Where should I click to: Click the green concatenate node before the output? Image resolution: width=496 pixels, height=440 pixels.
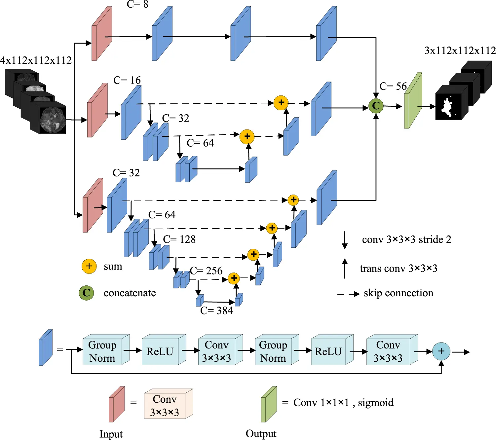point(376,106)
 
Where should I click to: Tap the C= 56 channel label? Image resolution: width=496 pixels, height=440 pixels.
point(393,86)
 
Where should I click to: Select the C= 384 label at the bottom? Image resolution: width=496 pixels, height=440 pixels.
point(216,311)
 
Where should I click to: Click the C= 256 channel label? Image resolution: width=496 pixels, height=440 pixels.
point(206,271)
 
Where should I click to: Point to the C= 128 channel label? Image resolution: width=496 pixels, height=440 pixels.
point(179,239)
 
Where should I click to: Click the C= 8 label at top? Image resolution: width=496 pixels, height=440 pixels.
point(137,4)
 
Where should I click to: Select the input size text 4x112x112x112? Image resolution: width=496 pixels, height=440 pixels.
point(36,60)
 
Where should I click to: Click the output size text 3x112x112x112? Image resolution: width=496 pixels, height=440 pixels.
point(460,51)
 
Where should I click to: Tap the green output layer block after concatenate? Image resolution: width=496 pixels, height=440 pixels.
point(413,101)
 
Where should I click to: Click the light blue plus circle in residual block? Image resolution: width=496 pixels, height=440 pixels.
point(441,351)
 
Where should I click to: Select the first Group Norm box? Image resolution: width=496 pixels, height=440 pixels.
point(103,351)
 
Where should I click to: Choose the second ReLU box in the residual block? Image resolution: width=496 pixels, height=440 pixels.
point(328,351)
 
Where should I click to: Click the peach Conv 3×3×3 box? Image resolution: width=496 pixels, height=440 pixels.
point(165,405)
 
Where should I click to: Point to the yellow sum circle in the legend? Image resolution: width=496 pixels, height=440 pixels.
point(89,266)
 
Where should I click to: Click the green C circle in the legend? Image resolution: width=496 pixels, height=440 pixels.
point(86,293)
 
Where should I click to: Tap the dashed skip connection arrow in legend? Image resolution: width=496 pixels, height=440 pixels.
point(348,294)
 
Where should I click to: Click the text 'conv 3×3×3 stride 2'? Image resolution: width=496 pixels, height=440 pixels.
point(406,239)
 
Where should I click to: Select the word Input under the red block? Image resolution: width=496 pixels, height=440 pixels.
point(111,434)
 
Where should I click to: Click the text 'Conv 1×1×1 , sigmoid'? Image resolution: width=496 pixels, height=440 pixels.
point(343,403)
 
